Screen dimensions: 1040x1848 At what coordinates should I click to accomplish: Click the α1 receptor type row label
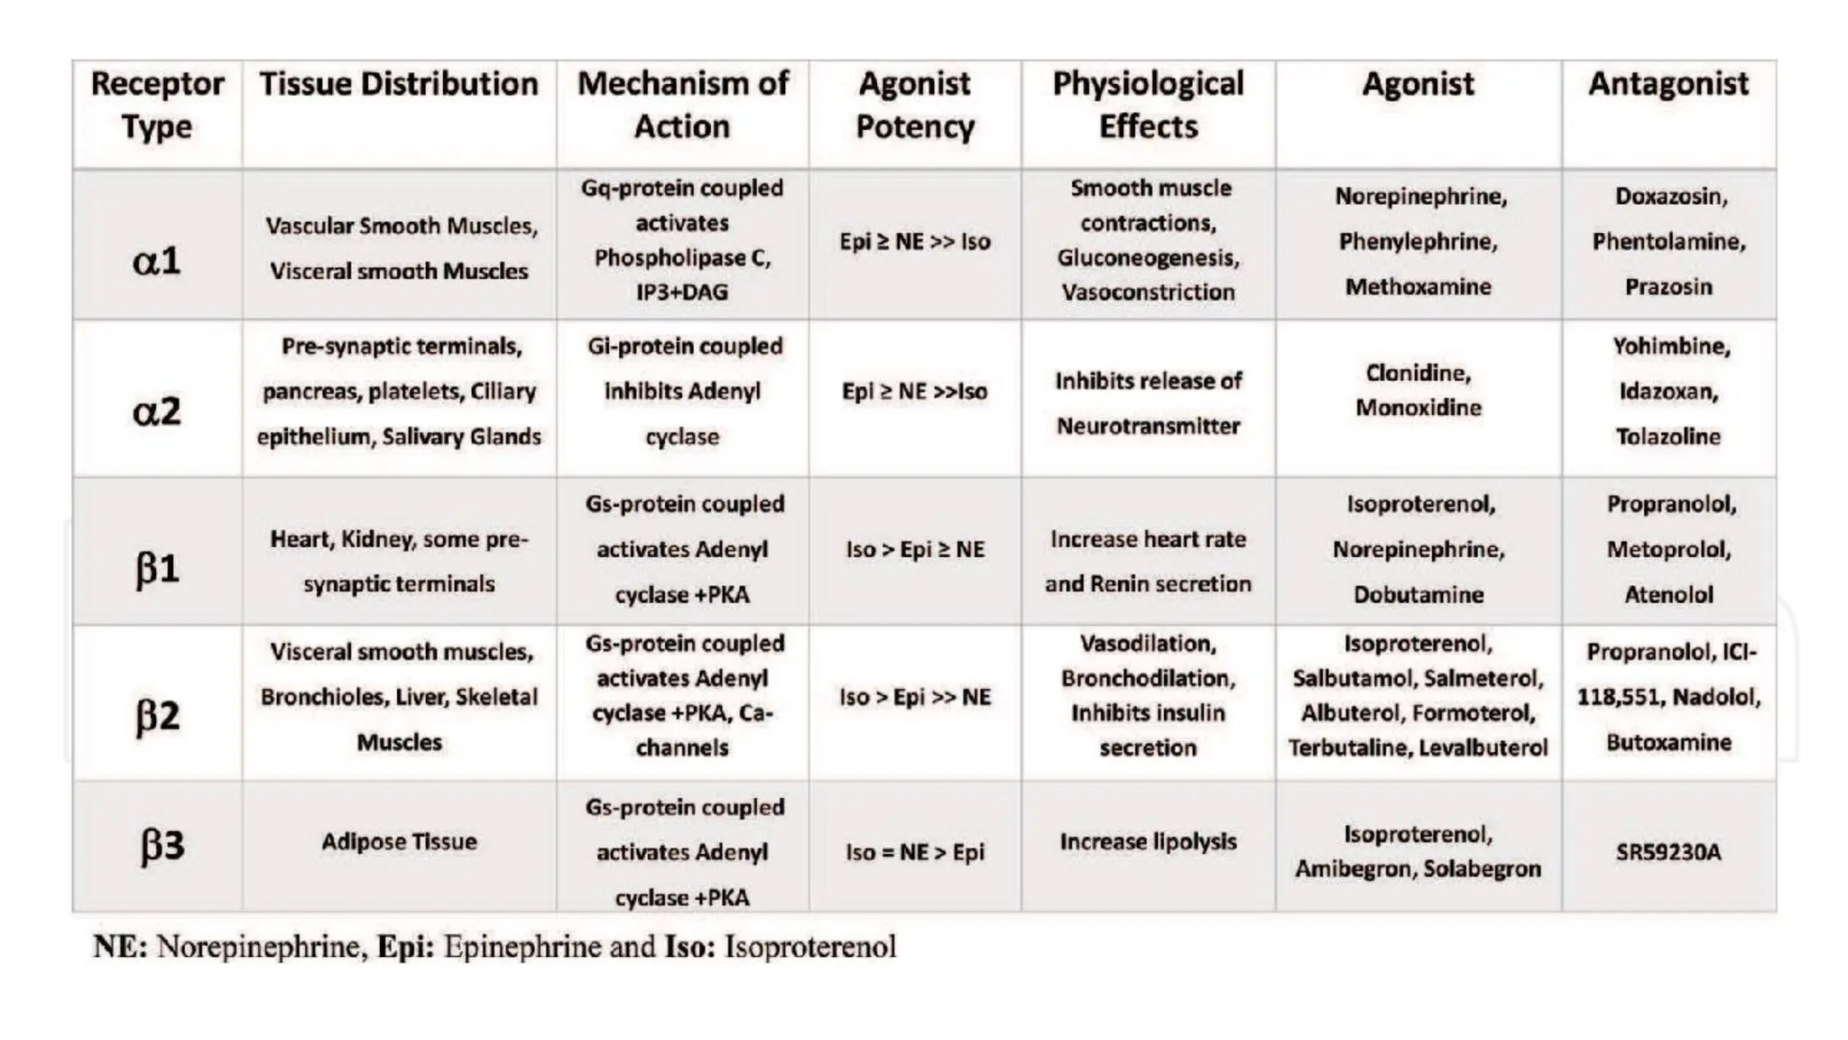tap(156, 261)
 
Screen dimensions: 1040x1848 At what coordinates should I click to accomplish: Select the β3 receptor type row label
tap(162, 845)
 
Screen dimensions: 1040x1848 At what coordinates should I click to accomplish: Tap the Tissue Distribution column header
tap(399, 84)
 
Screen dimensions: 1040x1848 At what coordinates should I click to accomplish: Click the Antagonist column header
tap(1668, 84)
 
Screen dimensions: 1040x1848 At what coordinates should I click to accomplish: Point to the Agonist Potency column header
tap(914, 105)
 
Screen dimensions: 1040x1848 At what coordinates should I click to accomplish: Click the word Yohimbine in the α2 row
tap(1670, 347)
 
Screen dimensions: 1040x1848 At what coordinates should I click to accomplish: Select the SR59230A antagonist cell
tap(1668, 851)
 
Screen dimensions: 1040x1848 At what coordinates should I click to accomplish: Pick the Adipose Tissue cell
tap(399, 841)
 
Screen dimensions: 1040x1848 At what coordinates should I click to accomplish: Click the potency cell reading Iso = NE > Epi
tap(914, 851)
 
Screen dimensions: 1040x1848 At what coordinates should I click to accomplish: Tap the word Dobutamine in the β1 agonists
tap(1418, 594)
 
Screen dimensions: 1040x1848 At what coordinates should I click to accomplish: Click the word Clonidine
tap(1418, 373)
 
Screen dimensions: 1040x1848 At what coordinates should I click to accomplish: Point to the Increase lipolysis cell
tap(1148, 841)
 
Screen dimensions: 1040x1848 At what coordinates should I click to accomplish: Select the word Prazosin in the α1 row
tap(1668, 286)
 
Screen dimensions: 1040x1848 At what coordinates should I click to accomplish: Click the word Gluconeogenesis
tap(1147, 258)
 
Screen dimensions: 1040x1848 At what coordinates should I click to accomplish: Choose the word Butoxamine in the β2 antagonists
tap(1668, 742)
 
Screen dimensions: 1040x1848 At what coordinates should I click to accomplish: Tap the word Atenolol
tap(1668, 594)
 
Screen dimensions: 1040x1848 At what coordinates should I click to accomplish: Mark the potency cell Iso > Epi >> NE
tap(914, 697)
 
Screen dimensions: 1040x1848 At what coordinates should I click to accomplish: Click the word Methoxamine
tap(1418, 286)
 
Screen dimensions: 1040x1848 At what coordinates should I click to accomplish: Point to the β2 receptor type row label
tap(157, 716)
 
